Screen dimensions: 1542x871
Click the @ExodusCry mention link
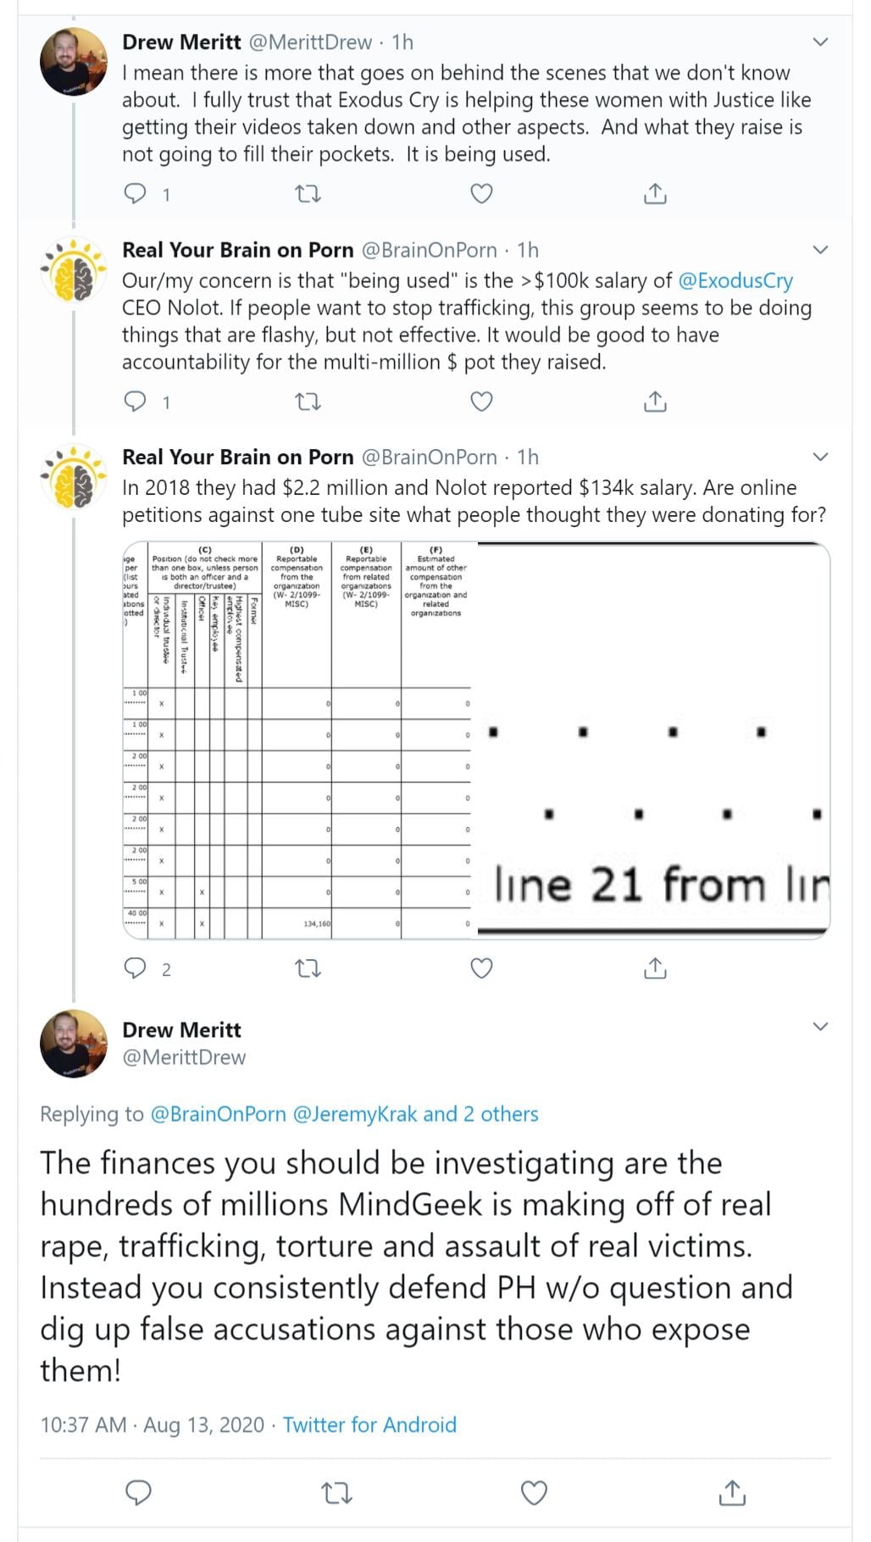735,280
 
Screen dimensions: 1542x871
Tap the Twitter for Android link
369,1425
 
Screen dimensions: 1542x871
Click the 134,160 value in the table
317,924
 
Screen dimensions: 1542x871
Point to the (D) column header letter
297,550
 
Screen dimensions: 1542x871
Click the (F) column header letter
435,550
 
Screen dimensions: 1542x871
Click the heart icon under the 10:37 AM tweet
533,1493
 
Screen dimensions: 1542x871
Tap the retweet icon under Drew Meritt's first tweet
308,194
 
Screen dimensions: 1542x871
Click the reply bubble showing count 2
136,968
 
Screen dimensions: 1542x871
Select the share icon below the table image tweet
655,968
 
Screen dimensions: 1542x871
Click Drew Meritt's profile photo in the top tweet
74,61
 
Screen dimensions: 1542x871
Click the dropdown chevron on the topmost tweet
819,42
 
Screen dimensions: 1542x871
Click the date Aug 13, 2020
203,1425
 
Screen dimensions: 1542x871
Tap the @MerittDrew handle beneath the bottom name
184,1057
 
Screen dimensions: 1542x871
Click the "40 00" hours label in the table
136,913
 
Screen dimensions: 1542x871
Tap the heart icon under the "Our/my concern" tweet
481,402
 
